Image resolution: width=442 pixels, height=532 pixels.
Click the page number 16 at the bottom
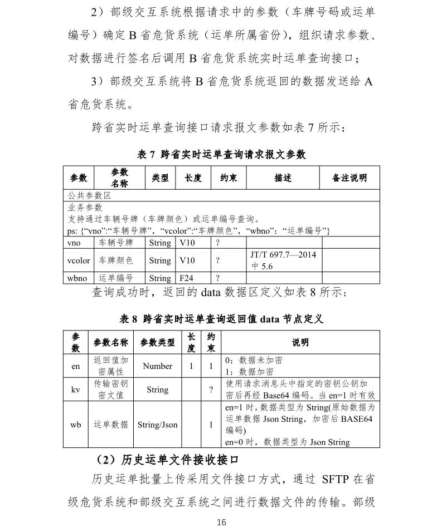click(221, 522)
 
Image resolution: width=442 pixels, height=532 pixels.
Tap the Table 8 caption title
click(221, 319)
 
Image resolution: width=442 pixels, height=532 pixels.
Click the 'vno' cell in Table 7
click(74, 243)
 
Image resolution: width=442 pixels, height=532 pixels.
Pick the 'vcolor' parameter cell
click(77, 260)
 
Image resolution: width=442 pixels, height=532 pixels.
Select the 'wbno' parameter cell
click(76, 278)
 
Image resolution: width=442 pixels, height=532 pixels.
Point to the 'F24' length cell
click(186, 278)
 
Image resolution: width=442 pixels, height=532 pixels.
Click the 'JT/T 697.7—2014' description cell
click(283, 260)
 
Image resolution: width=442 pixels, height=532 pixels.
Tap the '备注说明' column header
click(349, 178)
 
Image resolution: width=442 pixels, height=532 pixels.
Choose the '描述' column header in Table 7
click(283, 178)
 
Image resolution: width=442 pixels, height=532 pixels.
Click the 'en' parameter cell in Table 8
click(76, 366)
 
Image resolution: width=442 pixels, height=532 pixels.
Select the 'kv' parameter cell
click(76, 390)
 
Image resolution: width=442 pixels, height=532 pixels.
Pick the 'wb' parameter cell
click(76, 425)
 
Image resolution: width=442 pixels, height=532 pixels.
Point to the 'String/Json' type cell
click(158, 425)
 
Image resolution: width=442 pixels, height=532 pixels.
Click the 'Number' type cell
click(158, 366)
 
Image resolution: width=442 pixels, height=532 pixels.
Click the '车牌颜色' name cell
click(116, 260)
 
